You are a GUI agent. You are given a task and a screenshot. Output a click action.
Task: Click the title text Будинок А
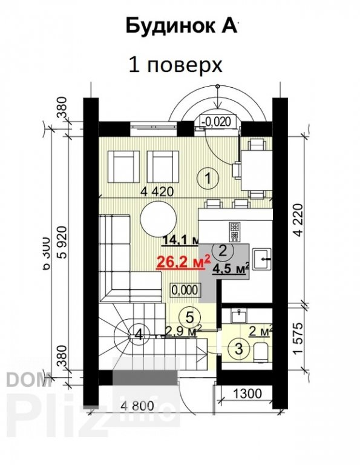tap(182, 27)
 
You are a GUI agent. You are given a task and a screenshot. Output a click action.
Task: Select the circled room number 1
tap(208, 178)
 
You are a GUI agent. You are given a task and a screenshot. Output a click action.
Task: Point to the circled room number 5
tap(189, 315)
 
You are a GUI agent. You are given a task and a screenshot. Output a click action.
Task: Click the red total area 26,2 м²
tap(183, 262)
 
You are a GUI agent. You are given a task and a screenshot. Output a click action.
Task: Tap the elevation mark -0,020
tap(217, 121)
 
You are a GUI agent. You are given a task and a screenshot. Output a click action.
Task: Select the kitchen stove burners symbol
tap(234, 230)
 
